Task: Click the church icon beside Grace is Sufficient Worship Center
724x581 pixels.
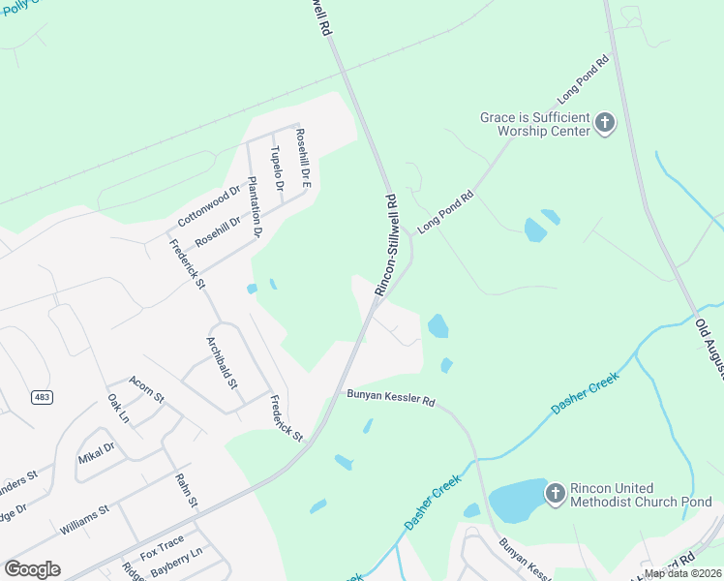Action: (x=605, y=123)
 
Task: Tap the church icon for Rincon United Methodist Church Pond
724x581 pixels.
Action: (x=555, y=494)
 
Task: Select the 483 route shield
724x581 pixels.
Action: (x=42, y=397)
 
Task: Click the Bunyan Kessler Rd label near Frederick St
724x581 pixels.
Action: (x=390, y=398)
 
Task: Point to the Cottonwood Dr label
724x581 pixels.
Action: (x=208, y=205)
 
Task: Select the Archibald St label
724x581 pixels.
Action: (x=223, y=362)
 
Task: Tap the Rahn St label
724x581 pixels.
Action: (x=186, y=491)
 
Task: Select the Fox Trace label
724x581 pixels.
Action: (x=162, y=553)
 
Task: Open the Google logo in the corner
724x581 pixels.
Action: (x=32, y=569)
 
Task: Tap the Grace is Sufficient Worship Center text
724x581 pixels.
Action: (x=535, y=123)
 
